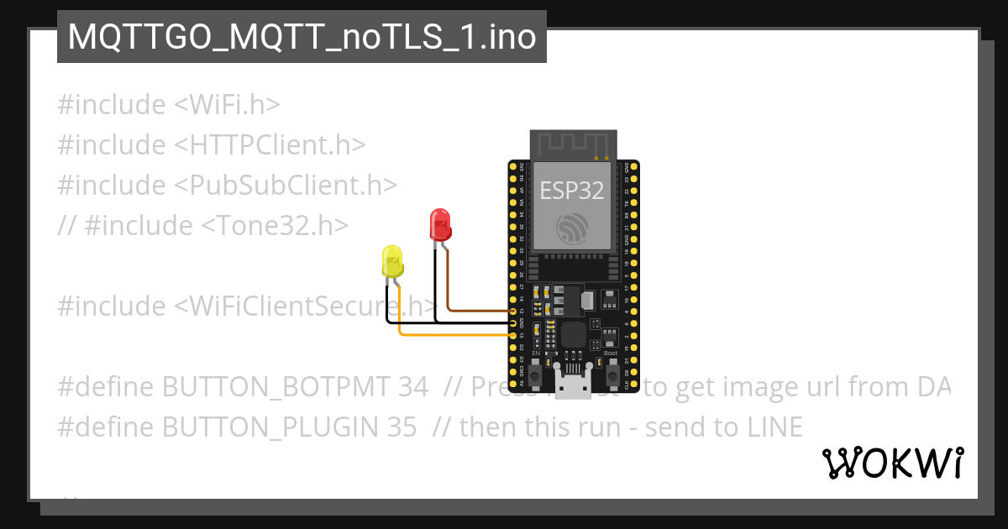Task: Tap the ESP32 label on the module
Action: point(572,191)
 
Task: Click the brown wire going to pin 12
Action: point(479,310)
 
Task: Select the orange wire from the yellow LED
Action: point(454,335)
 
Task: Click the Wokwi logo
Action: point(893,463)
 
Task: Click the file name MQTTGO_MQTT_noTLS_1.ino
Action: point(302,37)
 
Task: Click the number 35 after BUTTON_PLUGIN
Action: point(402,427)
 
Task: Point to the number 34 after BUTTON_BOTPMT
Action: point(413,387)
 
